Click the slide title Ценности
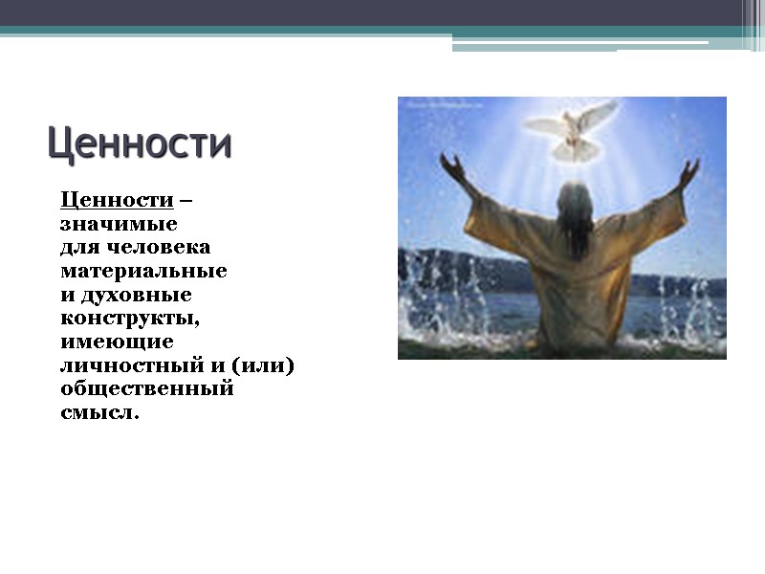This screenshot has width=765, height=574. coord(140,144)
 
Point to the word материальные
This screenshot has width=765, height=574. coord(143,272)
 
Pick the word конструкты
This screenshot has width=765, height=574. coord(130,319)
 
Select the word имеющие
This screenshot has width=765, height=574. coord(117,342)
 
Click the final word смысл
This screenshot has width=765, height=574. coord(98,412)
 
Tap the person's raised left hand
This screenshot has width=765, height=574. coord(448,167)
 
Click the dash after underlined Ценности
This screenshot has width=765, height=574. coord(186,201)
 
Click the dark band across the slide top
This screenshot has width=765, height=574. coord(382,13)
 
